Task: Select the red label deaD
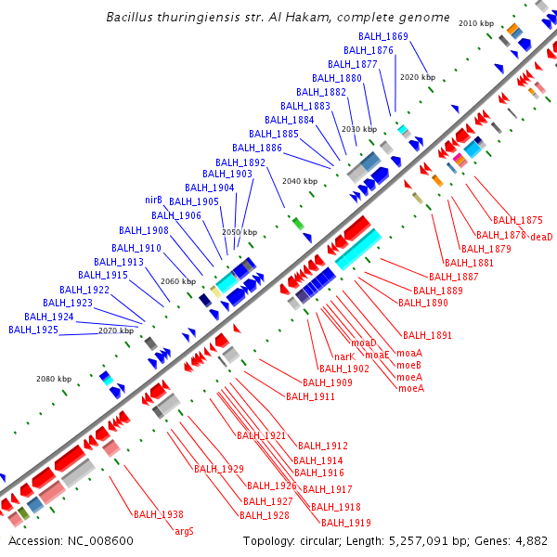[x=541, y=237]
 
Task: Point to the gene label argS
[x=185, y=531]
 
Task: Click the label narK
[x=344, y=356]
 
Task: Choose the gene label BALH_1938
[x=158, y=514]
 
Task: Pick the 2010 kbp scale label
[x=476, y=22]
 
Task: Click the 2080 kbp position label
[x=54, y=379]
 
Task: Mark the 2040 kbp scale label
[x=299, y=181]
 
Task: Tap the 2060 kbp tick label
[x=178, y=280]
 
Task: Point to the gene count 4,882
[x=531, y=541]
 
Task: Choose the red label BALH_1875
[x=517, y=220]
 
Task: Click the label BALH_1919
[x=346, y=522]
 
